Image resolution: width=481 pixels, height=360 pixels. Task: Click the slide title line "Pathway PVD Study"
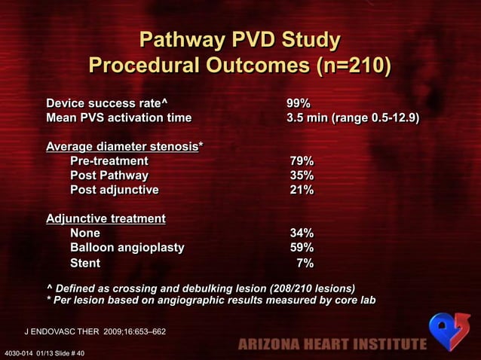tap(240, 39)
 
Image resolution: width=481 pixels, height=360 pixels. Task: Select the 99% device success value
tap(299, 103)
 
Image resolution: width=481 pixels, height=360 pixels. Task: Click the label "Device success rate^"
tap(106, 103)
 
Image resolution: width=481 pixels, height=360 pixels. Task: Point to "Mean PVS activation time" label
tap(118, 118)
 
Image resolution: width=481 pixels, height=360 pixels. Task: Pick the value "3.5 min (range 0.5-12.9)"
tap(352, 118)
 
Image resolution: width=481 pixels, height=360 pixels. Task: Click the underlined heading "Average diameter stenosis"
tap(121, 146)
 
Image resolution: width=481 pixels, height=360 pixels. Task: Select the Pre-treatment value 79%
tap(302, 161)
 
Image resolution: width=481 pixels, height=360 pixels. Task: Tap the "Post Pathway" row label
tap(109, 175)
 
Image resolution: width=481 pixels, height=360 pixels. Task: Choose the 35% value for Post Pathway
tap(302, 175)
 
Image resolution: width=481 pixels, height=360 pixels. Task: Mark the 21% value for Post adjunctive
tap(302, 190)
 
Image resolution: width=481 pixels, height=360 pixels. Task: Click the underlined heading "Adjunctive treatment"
tap(106, 218)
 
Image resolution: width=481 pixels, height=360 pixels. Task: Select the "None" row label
tap(84, 233)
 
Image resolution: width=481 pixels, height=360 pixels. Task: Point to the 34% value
tap(302, 233)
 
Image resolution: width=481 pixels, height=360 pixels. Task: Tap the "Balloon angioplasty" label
tap(127, 248)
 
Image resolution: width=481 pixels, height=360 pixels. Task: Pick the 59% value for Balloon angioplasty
tap(302, 248)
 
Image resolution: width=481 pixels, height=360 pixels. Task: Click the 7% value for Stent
tap(305, 263)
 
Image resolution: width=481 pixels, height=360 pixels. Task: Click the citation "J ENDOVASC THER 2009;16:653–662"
tap(96, 331)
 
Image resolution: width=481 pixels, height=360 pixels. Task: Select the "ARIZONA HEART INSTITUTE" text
tap(332, 345)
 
